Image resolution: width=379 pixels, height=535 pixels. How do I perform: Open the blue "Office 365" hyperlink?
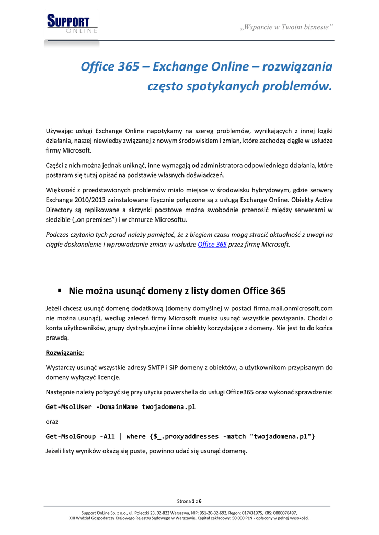[x=212, y=245]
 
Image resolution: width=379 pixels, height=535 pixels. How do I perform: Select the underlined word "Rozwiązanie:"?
[x=65, y=352]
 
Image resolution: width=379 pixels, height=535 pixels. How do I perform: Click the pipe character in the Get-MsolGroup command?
[x=121, y=436]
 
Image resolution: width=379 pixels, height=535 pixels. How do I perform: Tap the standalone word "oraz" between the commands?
[x=52, y=421]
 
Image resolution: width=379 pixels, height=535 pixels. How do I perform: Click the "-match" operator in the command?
[x=235, y=436]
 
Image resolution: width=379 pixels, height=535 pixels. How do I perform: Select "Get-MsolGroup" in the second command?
[x=71, y=436]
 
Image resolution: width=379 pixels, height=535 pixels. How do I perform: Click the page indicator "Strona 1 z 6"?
[x=189, y=501]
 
